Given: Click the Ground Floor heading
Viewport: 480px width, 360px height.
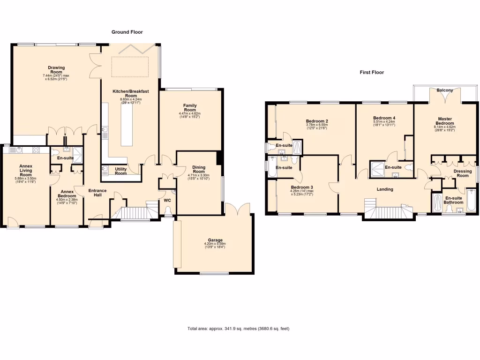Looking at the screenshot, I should pos(127,32).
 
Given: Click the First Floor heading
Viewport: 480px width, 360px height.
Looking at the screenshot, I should pos(372,72).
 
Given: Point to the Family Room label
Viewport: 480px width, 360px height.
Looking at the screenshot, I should pos(190,108).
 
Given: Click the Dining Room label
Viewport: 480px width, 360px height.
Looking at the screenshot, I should pos(199,170).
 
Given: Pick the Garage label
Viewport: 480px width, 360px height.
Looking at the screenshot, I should pos(215,240).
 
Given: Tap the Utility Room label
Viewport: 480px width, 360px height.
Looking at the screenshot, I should pos(121,171).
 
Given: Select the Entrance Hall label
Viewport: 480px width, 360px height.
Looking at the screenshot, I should pos(97,193).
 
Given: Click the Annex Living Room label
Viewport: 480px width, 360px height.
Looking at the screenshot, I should pos(26,170).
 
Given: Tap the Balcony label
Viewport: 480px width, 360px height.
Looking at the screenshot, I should pos(444,90).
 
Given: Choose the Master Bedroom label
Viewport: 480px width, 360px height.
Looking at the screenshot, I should pos(445,121).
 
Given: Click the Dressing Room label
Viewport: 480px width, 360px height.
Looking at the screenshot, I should pos(463,173).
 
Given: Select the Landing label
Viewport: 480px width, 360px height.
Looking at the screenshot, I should pos(385,189).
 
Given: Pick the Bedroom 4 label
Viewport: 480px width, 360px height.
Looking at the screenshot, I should pos(384,118).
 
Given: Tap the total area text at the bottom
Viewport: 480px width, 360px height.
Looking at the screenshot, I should pos(238,329).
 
